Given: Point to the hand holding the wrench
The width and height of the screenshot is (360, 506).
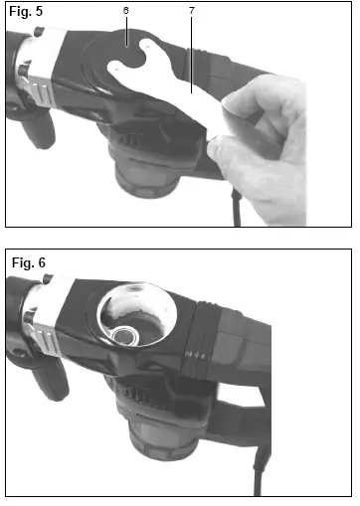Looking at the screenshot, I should pos(288,149).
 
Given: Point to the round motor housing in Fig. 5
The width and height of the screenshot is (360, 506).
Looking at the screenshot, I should pos(149,184).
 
